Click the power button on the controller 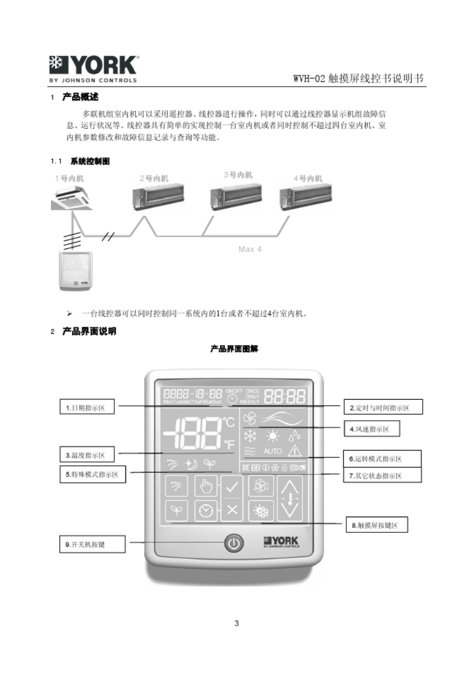click(x=234, y=543)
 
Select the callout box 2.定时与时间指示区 click(x=383, y=408)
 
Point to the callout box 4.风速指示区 click(x=371, y=429)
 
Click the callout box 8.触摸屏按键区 click(x=376, y=525)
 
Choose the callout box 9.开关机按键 click(x=92, y=544)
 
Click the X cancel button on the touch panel click(x=232, y=510)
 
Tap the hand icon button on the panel click(x=206, y=486)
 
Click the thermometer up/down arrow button click(x=290, y=497)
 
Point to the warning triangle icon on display click(x=295, y=451)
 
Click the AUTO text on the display click(x=272, y=451)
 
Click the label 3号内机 click(x=238, y=175)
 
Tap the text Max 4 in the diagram click(x=249, y=249)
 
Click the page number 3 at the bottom click(x=237, y=623)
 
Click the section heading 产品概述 click(x=80, y=97)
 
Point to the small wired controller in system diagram click(x=75, y=270)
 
